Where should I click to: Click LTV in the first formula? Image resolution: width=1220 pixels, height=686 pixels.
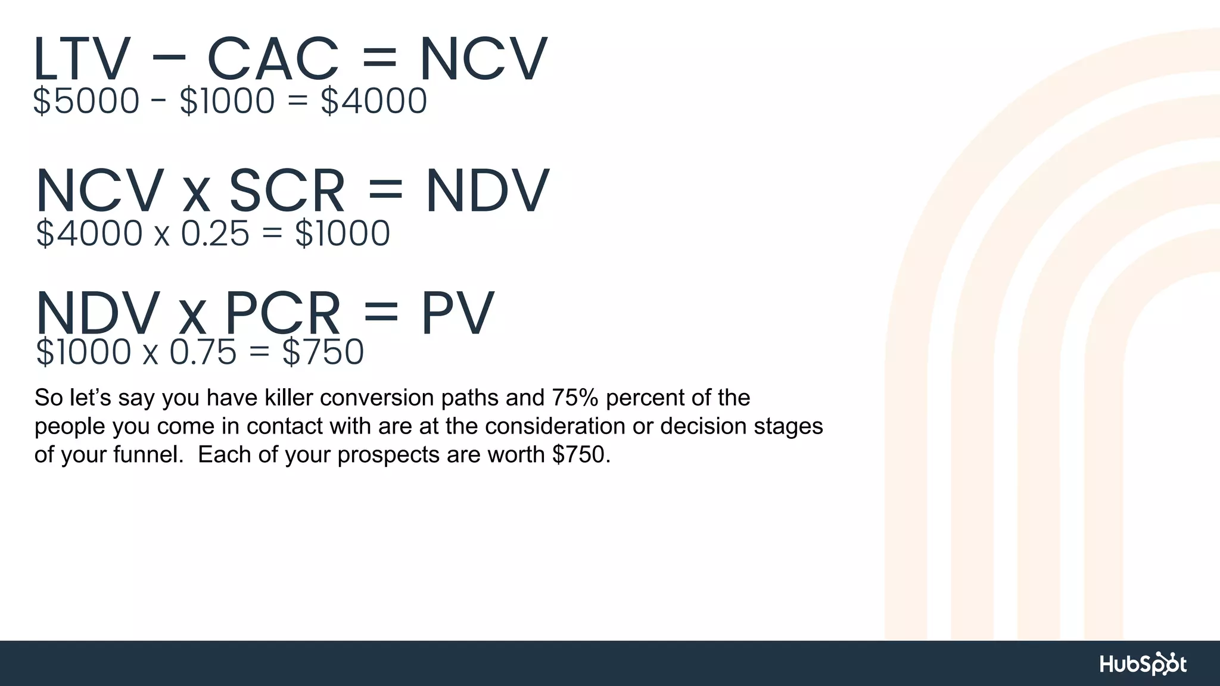pos(82,59)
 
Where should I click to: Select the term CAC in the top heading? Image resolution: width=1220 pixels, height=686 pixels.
pos(273,59)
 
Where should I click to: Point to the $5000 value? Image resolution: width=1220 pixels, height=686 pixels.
pos(86,101)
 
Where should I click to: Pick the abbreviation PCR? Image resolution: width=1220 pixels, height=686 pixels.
pos(282,313)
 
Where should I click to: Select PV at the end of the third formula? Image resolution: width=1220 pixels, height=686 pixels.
pos(457,313)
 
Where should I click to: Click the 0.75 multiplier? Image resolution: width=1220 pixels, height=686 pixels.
pos(203,352)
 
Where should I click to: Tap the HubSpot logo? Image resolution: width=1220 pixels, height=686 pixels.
pos(1143,664)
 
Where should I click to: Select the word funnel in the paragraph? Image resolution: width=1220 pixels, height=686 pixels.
pos(148,455)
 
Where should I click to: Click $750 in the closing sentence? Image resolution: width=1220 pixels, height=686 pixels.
pos(581,455)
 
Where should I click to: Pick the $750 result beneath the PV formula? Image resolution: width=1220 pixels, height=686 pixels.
pos(323,352)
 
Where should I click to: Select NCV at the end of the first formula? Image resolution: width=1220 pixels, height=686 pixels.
pos(483,59)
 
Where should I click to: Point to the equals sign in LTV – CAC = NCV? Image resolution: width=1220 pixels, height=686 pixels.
pos(379,59)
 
